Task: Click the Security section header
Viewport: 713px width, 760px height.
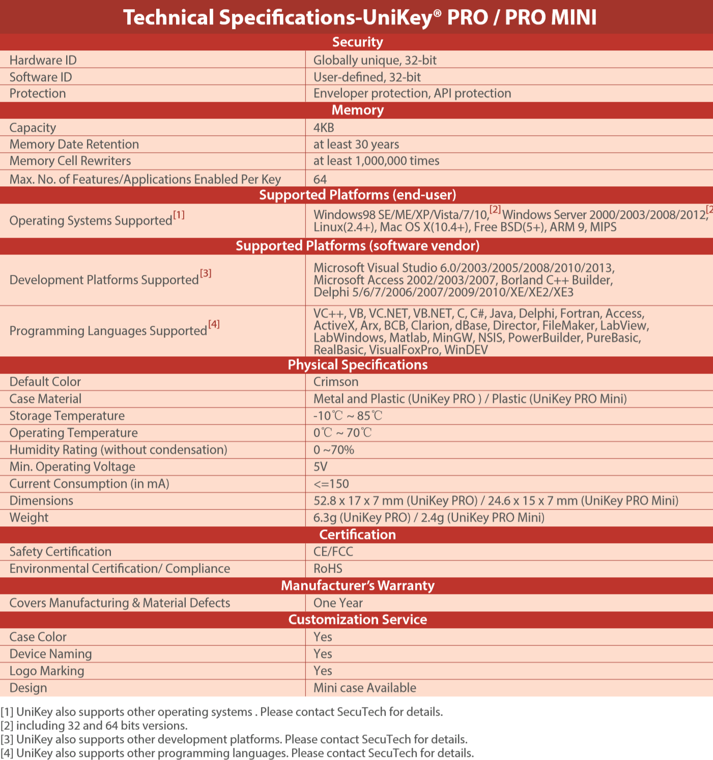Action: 357,42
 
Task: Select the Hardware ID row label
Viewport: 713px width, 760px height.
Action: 43,61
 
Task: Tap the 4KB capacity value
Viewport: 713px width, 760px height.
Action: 324,128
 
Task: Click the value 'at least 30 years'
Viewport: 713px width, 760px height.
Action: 356,145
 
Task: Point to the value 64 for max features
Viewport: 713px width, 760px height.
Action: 320,179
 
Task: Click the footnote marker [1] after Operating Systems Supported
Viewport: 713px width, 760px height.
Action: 179,215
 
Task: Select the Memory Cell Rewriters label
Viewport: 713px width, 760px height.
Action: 70,161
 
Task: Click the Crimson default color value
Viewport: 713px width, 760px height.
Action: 335,382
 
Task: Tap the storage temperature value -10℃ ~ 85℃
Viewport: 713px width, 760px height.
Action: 348,416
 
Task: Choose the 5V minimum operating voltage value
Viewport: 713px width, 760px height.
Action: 320,467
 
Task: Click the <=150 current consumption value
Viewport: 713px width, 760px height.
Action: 331,484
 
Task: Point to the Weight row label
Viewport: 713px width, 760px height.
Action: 29,518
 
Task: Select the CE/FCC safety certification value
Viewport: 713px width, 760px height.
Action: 333,552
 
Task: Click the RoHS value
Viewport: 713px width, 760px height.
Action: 328,569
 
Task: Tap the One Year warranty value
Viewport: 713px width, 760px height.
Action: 338,603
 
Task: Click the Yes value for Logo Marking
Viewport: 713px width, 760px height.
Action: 323,671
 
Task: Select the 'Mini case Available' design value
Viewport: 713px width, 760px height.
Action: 364,688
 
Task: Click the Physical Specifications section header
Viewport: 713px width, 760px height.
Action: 357,365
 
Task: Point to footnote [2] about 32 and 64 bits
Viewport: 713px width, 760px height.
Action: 94,725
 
